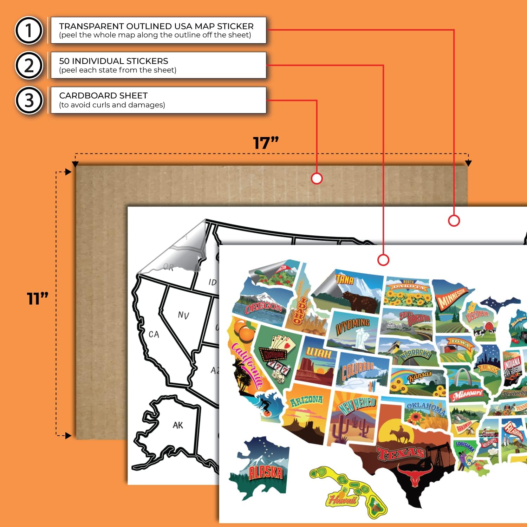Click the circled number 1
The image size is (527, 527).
(29, 30)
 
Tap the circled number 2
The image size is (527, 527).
(29, 65)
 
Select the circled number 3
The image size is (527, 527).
(29, 100)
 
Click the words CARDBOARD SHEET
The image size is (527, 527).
(103, 96)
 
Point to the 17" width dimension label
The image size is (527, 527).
(266, 143)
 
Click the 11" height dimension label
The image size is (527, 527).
(37, 299)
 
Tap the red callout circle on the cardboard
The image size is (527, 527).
(317, 178)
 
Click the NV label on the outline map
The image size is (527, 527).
(183, 315)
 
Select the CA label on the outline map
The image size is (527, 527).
(154, 334)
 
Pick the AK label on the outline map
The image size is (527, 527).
(178, 425)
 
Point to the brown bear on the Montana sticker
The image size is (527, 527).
(358, 300)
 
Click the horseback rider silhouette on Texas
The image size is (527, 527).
(401, 435)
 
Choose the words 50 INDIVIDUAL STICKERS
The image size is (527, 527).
(113, 61)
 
